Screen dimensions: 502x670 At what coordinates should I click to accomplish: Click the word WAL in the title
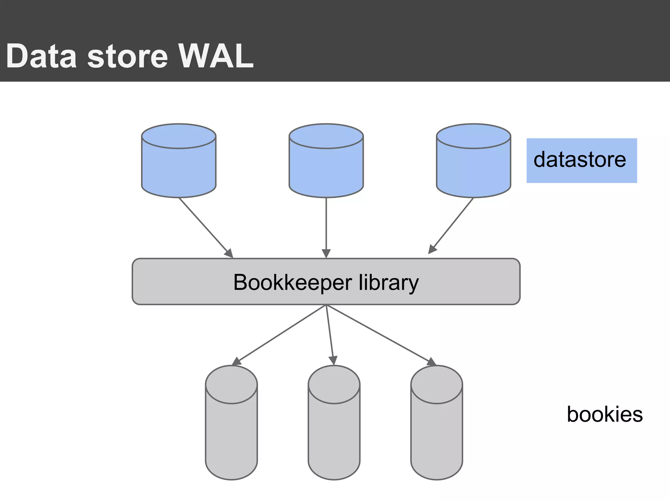[216, 56]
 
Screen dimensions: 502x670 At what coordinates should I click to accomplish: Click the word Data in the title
[41, 56]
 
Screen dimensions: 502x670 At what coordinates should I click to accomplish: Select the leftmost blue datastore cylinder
[179, 167]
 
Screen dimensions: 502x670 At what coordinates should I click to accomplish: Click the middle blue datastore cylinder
[326, 167]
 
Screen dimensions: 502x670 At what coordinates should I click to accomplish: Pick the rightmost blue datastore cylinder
[473, 167]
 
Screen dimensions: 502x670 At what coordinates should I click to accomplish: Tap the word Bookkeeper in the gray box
[292, 282]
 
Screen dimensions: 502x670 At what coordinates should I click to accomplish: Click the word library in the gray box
[389, 282]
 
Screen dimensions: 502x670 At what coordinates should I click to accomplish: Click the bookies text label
[605, 414]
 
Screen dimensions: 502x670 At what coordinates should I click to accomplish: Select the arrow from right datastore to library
[451, 226]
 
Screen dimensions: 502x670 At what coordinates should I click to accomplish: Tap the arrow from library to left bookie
[280, 335]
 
